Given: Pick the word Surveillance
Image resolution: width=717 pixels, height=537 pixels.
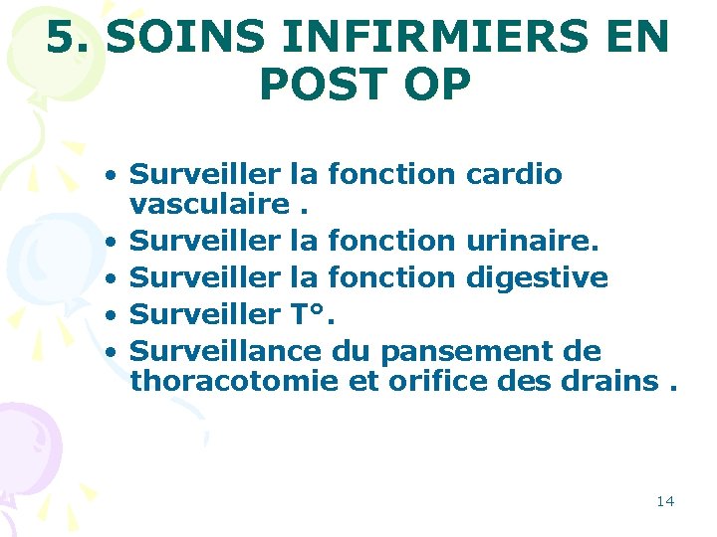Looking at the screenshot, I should (x=226, y=350).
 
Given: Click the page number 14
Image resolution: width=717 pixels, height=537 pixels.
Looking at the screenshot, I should (x=665, y=500).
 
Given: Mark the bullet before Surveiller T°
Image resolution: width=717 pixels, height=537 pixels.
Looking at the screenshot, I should (x=116, y=315).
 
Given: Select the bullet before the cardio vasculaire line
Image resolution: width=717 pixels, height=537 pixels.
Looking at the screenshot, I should (x=116, y=175).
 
